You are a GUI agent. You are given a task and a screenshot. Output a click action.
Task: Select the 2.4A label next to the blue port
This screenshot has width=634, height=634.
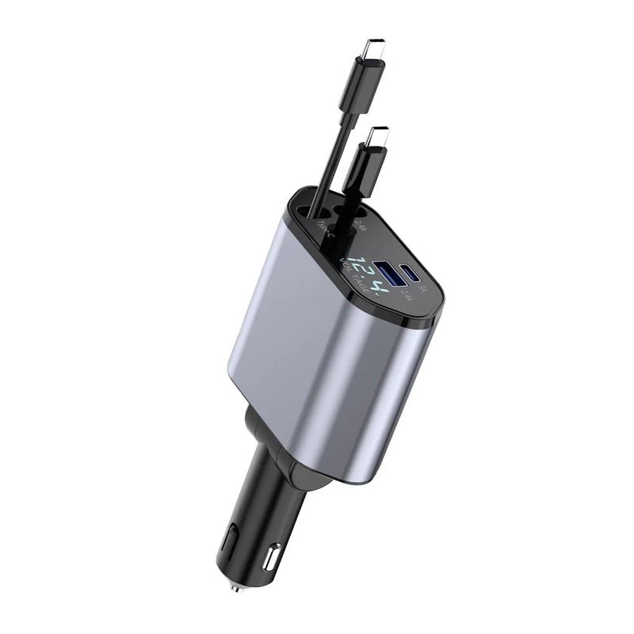[x=407, y=296]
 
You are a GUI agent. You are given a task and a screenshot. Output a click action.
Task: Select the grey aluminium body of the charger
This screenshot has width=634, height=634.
[x=317, y=357]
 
